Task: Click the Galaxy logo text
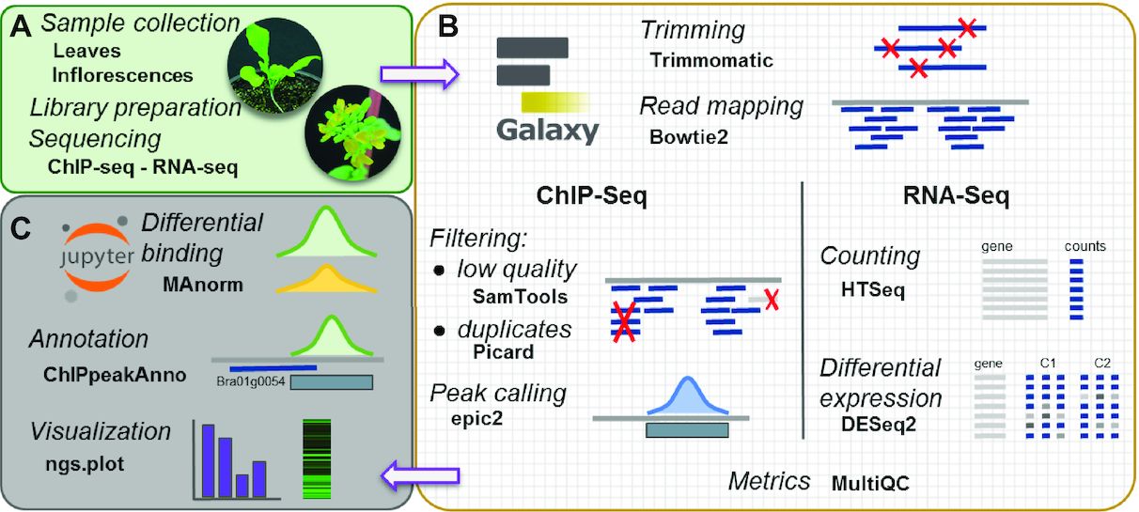pyautogui.click(x=547, y=129)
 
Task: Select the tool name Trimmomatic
pyautogui.click(x=710, y=61)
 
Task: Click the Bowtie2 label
pyautogui.click(x=689, y=136)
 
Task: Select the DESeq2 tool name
pyautogui.click(x=879, y=424)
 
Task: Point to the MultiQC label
pyautogui.click(x=870, y=484)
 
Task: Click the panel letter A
pyautogui.click(x=23, y=29)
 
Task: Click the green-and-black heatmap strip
pyautogui.click(x=316, y=458)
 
